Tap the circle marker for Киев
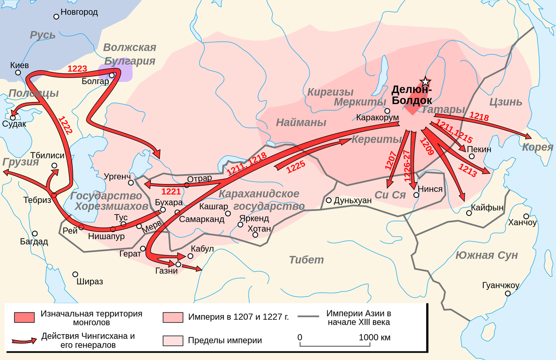pyautogui.click(x=18, y=73)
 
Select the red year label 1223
pyautogui.click(x=77, y=69)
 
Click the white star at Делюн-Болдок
pyautogui.click(x=425, y=82)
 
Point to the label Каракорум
pyautogui.click(x=377, y=117)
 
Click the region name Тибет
pyautogui.click(x=306, y=259)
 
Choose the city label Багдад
pyautogui.click(x=34, y=241)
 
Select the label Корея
pyautogui.click(x=537, y=147)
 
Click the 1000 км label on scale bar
pyautogui.click(x=374, y=337)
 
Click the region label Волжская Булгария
pyautogui.click(x=129, y=54)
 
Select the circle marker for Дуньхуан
pyautogui.click(x=329, y=201)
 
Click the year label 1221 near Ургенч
pyautogui.click(x=170, y=191)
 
